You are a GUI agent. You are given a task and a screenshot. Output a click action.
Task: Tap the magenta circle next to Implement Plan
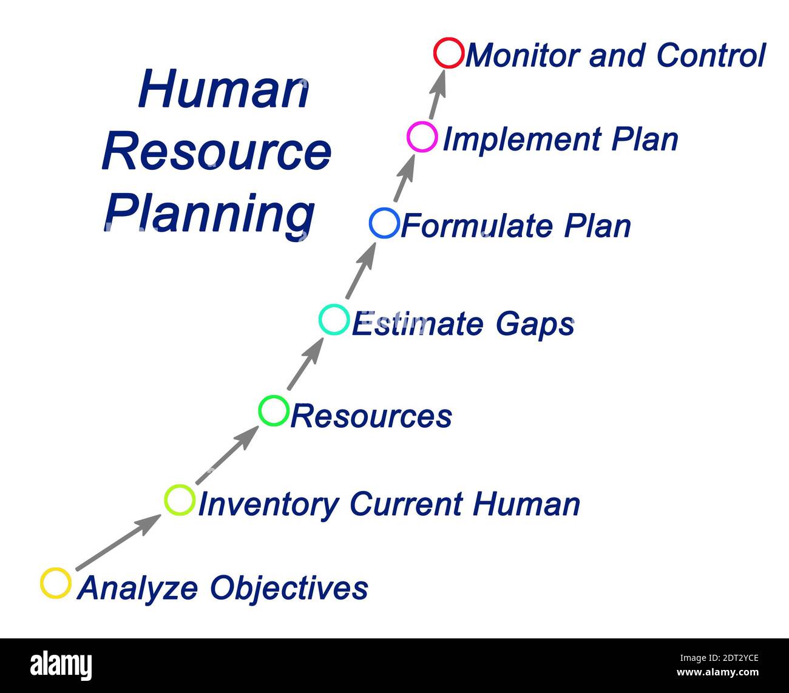[x=422, y=137]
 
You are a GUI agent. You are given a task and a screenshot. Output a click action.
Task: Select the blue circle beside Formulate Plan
[x=384, y=223]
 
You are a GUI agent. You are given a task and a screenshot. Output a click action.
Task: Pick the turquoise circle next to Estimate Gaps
[x=334, y=320]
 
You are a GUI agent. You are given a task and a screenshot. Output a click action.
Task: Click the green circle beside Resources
[x=274, y=411]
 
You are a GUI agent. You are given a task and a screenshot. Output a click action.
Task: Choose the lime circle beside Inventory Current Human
[x=180, y=500]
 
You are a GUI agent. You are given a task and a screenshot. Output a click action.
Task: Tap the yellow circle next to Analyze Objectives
[x=56, y=583]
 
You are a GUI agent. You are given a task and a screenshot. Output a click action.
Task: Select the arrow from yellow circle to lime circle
[x=118, y=543]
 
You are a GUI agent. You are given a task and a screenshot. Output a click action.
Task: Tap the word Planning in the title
[x=210, y=214]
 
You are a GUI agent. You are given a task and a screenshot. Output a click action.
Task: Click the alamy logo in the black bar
[x=61, y=666]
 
